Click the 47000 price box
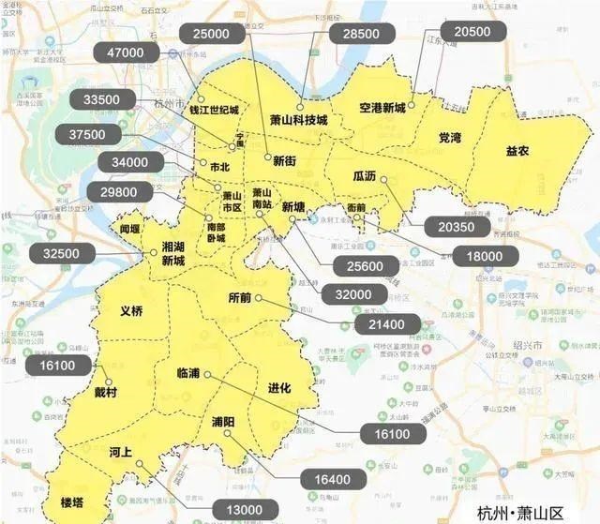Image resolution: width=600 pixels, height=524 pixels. [126, 53]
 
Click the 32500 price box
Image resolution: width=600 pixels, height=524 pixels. [61, 252]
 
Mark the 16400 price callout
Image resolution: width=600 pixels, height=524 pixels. [332, 479]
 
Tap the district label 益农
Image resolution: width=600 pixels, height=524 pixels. [517, 150]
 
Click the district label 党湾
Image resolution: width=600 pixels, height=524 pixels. [450, 138]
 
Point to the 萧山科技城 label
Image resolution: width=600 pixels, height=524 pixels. [298, 120]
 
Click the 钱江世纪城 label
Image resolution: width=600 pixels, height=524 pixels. [215, 109]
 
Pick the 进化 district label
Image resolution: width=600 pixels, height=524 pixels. [279, 387]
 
